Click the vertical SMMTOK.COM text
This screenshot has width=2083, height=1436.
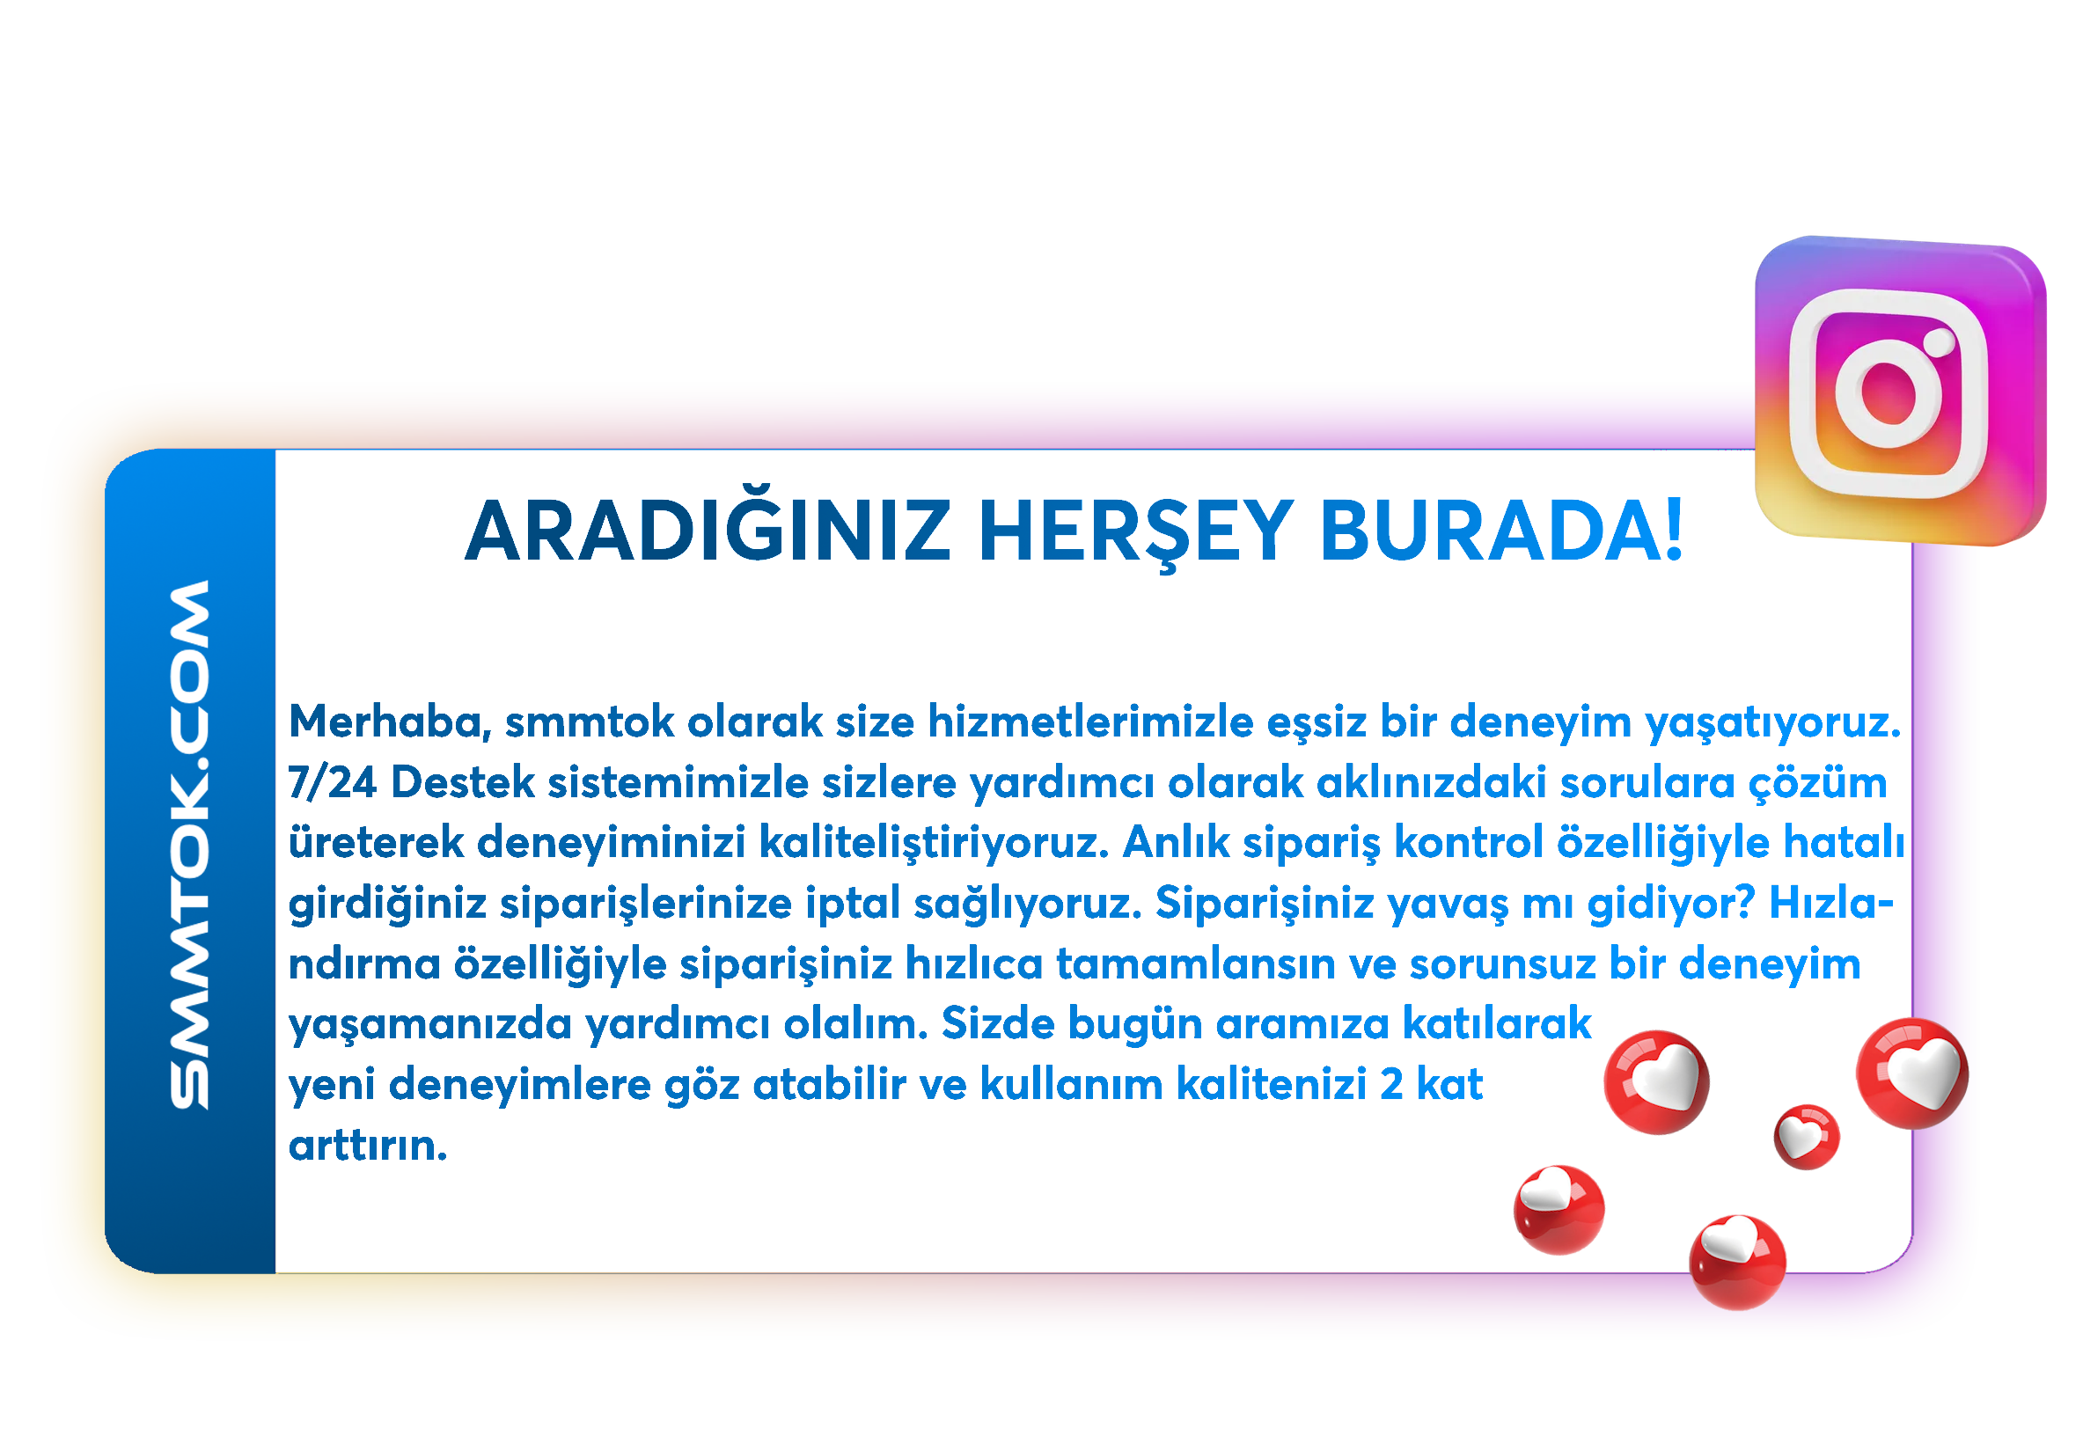coord(190,844)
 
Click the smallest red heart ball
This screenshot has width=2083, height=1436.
coord(1806,1136)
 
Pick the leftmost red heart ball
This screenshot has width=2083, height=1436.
coord(1559,1209)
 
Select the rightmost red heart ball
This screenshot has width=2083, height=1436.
coord(1912,1073)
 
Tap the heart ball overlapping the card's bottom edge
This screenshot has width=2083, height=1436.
coord(1737,1262)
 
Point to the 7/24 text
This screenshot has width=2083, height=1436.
coord(332,782)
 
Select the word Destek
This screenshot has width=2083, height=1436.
coord(464,782)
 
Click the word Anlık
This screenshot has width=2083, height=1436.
coord(1176,842)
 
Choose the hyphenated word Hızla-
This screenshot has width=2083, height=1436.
coord(1831,903)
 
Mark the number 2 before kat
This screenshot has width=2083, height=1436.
coord(1391,1084)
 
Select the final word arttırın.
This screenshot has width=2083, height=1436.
coord(367,1145)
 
